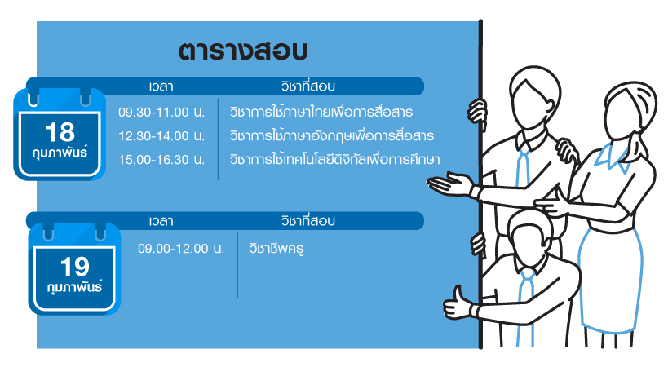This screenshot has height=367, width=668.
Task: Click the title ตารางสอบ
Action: pyautogui.click(x=243, y=51)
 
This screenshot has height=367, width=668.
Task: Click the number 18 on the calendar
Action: pyautogui.click(x=60, y=132)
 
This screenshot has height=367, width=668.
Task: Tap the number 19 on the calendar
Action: pyautogui.click(x=75, y=267)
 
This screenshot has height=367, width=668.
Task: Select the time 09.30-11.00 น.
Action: pyautogui.click(x=161, y=113)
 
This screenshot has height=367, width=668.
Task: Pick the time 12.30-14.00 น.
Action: pyautogui.click(x=161, y=136)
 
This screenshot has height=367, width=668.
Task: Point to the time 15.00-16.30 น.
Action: pyautogui.click(x=161, y=160)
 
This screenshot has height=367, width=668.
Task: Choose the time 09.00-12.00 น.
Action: pyautogui.click(x=181, y=249)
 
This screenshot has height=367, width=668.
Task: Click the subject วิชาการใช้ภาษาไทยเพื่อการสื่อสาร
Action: pyautogui.click(x=321, y=112)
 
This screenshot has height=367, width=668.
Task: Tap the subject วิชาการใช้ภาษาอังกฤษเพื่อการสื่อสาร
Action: pyautogui.click(x=332, y=135)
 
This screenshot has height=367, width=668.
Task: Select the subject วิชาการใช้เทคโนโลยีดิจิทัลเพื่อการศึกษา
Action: pyautogui.click(x=335, y=159)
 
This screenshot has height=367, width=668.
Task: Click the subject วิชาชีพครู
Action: pyautogui.click(x=276, y=248)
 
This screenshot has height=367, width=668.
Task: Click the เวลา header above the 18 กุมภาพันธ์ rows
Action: pyautogui.click(x=161, y=86)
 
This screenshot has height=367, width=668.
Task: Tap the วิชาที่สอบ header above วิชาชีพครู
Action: pyautogui.click(x=308, y=220)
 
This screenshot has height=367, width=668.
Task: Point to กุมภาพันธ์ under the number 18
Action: pyautogui.click(x=60, y=153)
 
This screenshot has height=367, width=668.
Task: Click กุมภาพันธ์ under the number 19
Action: pyautogui.click(x=75, y=287)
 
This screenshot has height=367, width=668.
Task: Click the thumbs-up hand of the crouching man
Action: pyautogui.click(x=458, y=303)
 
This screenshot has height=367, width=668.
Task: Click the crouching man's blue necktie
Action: pyautogui.click(x=527, y=306)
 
